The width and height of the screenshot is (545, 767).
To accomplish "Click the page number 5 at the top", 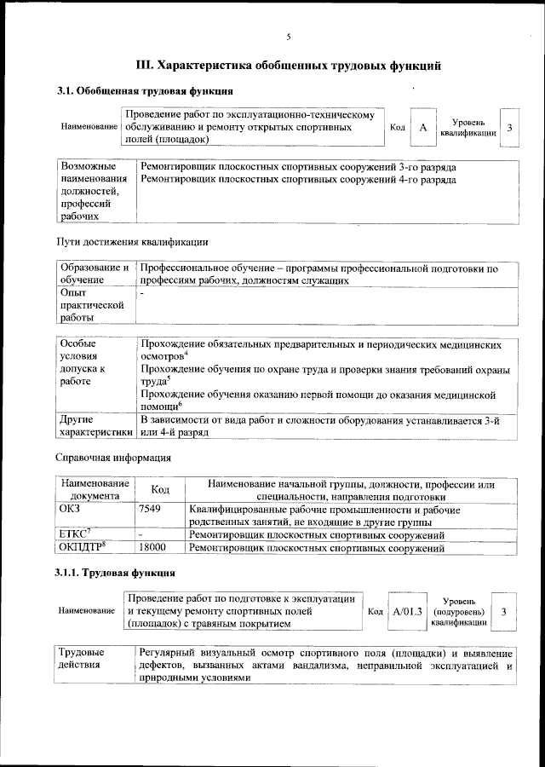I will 289,36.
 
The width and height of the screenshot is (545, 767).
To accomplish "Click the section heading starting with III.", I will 289,65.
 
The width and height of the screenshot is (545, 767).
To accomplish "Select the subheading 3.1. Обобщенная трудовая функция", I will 145,91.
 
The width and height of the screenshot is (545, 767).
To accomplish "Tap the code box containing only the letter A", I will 422,127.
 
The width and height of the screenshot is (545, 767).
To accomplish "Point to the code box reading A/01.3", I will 407,611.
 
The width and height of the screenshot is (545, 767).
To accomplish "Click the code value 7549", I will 150,510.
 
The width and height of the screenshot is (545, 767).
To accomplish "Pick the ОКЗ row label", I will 70,510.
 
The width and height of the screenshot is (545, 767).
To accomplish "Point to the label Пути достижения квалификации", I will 132,243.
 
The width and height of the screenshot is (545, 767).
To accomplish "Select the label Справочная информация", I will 113,458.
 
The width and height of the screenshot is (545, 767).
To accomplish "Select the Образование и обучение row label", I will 94,274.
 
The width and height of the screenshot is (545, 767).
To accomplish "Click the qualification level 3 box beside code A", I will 509,127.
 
